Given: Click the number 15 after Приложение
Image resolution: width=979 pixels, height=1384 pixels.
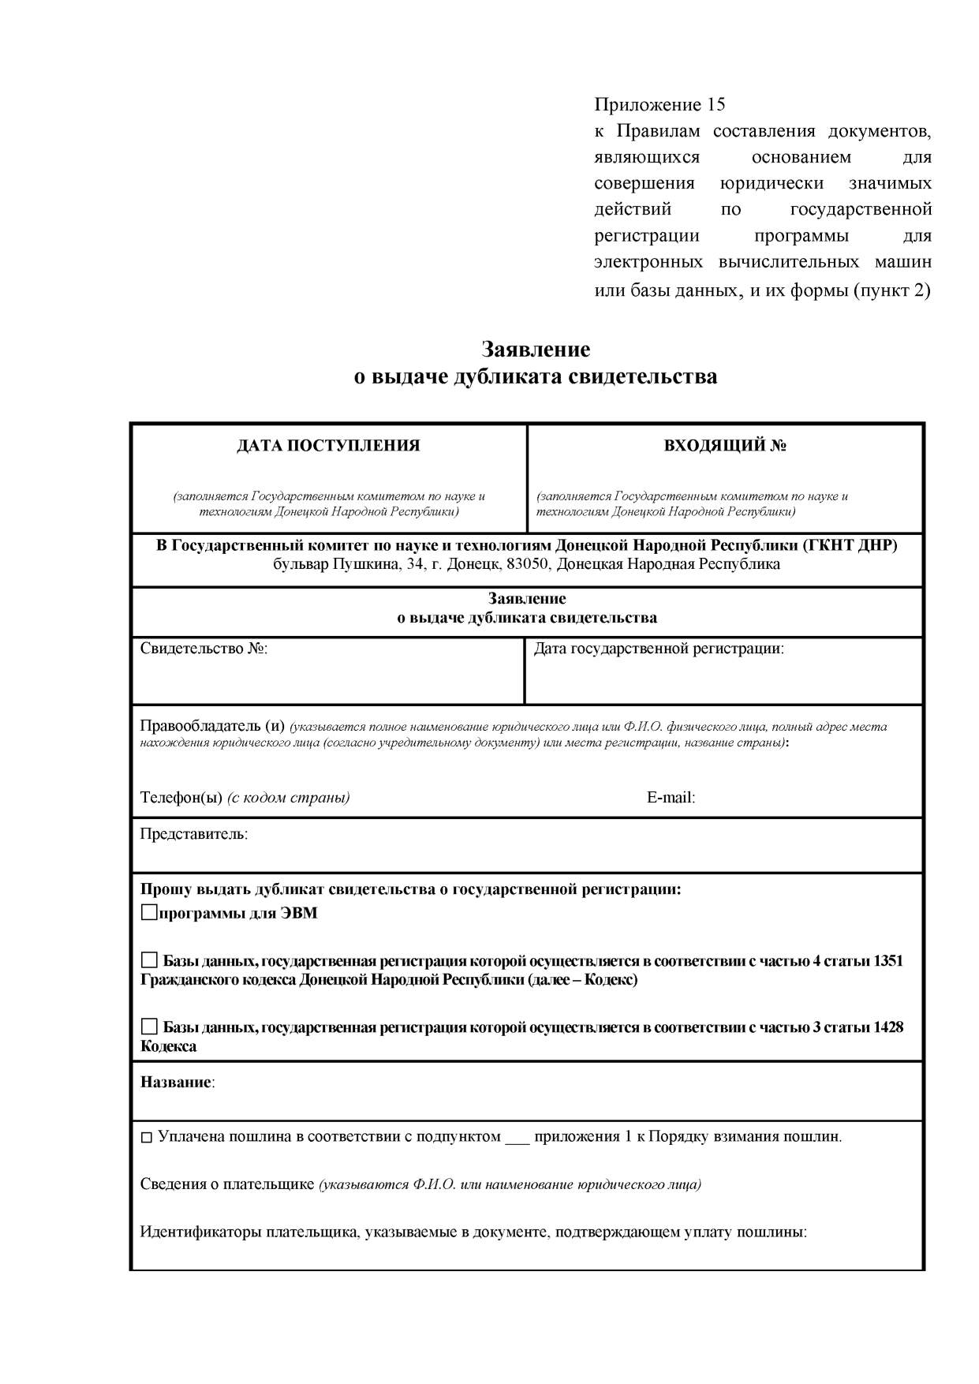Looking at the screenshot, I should [716, 105].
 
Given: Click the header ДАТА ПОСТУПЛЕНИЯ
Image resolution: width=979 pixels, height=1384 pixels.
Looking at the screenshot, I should [328, 446].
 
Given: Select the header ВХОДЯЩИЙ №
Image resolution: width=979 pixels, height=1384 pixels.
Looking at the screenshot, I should [725, 446].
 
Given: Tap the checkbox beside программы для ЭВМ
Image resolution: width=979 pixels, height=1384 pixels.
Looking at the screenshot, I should [149, 913].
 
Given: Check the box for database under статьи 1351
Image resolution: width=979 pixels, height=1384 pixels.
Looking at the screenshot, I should [149, 960].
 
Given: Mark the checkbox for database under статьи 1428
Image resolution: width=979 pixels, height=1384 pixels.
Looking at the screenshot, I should [149, 1027].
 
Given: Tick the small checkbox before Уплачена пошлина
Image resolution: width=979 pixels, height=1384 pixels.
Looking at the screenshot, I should [146, 1138].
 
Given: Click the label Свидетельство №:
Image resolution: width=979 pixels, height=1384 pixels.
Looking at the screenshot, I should [204, 649].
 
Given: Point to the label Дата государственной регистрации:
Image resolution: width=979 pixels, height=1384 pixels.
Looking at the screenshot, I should [659, 649].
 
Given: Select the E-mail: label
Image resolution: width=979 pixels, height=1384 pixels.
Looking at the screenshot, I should [671, 797].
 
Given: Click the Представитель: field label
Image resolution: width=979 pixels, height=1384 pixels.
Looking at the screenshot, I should [193, 834].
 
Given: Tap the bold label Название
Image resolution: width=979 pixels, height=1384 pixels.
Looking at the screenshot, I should [176, 1082].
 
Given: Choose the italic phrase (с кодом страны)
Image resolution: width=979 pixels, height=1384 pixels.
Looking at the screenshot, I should [289, 797].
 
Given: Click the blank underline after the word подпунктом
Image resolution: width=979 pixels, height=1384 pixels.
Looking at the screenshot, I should [517, 1139].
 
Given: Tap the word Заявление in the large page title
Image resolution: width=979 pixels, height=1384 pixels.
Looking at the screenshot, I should [536, 349].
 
